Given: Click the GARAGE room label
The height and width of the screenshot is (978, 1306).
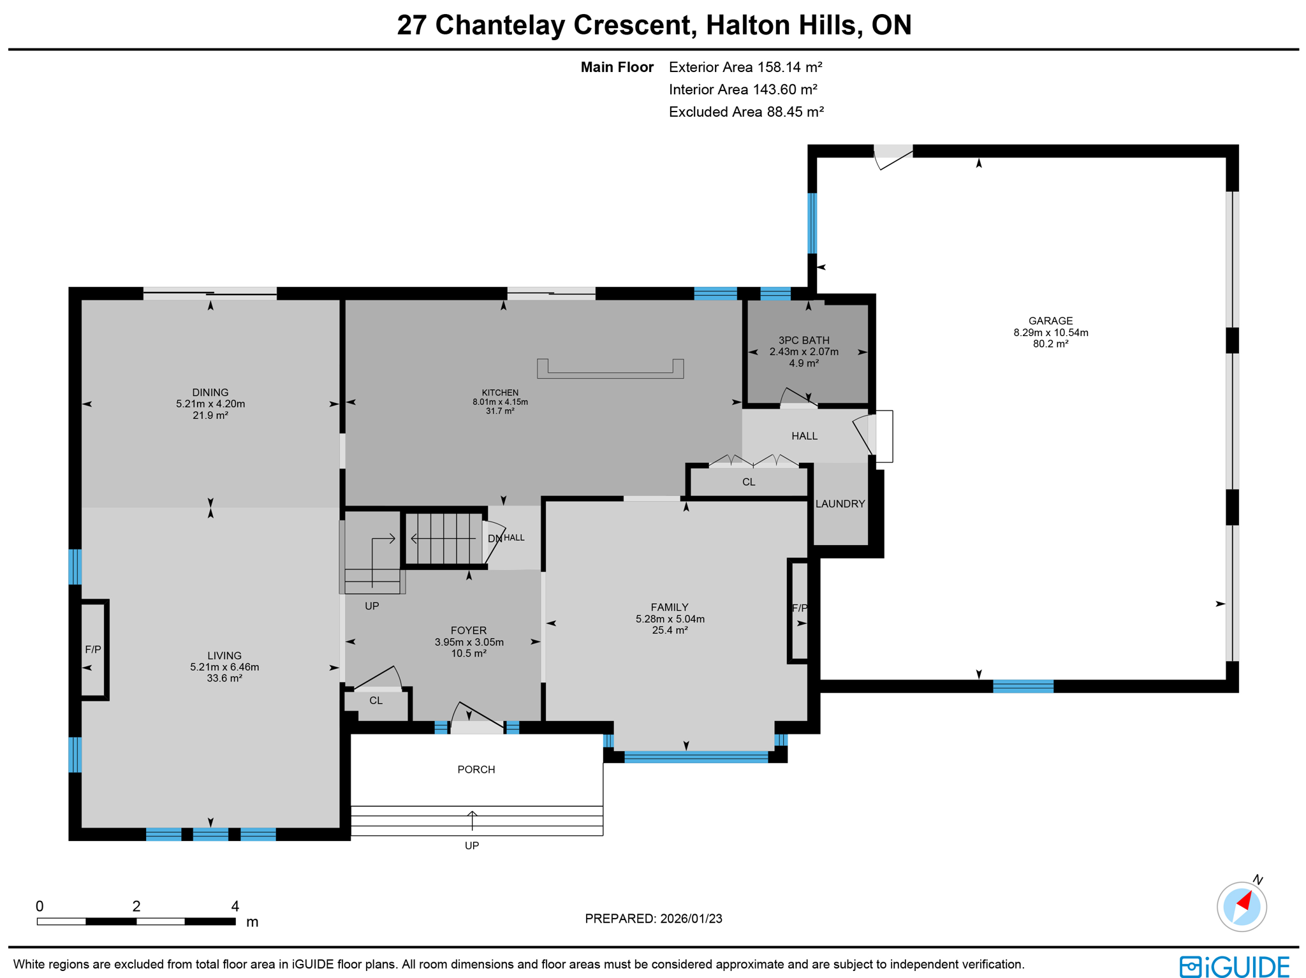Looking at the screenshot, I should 1050,321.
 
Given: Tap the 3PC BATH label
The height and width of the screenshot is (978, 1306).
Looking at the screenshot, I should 803,340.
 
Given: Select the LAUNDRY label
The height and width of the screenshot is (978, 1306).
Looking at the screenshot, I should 840,504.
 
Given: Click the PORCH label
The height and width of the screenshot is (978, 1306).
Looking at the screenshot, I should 476,770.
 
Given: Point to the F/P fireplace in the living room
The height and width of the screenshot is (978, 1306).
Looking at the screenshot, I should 93,649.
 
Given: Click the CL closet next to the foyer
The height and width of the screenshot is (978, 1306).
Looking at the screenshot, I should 376,701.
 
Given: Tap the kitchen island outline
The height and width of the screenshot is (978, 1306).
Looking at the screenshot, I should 610,370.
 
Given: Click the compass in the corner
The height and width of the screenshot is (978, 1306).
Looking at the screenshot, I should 1241,906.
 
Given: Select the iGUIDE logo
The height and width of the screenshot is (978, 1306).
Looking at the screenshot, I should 1234,966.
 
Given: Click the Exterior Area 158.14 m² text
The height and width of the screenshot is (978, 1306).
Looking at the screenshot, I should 745,67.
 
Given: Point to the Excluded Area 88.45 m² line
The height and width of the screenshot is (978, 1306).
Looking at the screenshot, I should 746,112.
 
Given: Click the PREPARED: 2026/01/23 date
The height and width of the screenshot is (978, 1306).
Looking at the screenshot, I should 653,919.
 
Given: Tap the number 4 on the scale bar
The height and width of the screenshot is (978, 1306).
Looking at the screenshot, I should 235,906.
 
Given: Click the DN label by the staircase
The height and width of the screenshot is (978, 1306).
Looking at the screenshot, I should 494,539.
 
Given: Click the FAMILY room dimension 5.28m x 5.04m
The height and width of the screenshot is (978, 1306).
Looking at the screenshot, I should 670,619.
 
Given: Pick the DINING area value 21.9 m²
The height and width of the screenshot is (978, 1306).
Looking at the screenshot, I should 210,415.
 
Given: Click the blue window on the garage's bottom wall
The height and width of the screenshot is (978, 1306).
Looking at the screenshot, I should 1023,687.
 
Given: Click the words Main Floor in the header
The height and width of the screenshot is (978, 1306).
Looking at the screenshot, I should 617,67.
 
